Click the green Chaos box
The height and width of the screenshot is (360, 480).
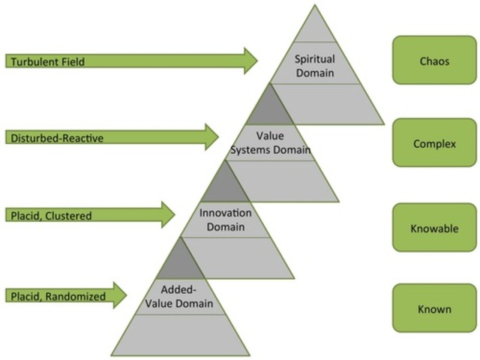coord(433,61)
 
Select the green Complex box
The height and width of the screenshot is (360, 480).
coord(433,142)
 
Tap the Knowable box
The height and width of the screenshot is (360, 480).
coord(433,228)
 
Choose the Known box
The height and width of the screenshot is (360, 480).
coord(433,308)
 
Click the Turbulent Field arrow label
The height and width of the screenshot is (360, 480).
coord(46,61)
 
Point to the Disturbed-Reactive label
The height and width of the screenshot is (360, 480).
coord(56,137)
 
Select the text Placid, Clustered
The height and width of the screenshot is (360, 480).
coord(49,216)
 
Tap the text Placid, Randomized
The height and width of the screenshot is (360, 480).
coord(57,296)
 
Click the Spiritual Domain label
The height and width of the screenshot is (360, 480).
coord(314,65)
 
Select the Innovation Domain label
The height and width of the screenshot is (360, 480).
coord(226,220)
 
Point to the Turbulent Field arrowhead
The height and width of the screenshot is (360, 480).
coord(250,61)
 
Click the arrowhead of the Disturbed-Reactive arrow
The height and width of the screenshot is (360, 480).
coord(210,137)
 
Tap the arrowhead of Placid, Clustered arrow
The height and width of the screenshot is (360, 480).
coord(167,216)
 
